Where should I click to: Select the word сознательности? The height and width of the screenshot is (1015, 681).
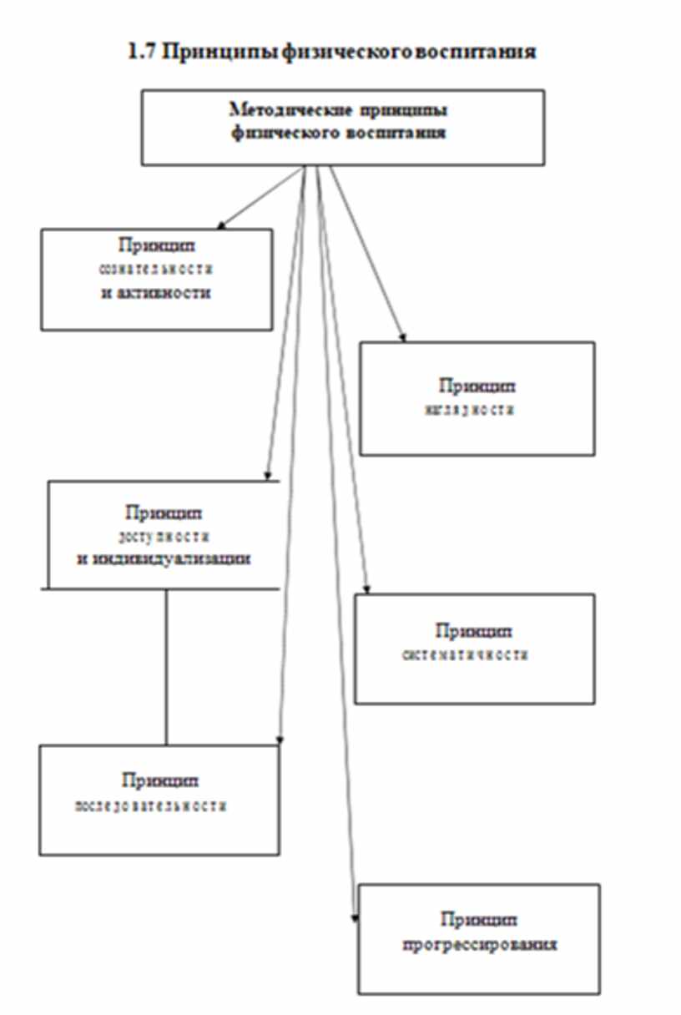[158, 270]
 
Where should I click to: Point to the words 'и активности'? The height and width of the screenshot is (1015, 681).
[156, 293]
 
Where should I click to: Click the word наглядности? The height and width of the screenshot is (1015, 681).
[477, 410]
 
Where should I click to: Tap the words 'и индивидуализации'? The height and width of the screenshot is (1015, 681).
[164, 558]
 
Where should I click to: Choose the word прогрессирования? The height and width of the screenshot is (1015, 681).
[479, 945]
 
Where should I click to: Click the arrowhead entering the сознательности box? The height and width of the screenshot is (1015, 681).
[221, 225]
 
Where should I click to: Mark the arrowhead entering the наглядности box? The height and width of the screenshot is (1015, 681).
[402, 336]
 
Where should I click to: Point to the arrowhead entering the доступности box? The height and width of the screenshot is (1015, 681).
[267, 476]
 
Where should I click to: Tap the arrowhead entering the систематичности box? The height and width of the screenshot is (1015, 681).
[366, 589]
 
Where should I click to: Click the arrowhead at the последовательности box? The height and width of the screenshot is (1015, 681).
[281, 740]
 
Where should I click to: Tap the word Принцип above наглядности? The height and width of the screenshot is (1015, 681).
[477, 386]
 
